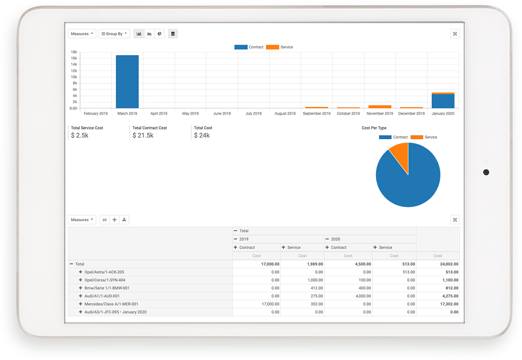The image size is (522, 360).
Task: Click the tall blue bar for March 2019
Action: (x=127, y=82)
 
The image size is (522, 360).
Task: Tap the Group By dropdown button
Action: (x=114, y=34)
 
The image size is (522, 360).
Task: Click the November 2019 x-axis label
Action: (x=380, y=114)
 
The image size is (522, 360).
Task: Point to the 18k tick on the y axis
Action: (x=74, y=52)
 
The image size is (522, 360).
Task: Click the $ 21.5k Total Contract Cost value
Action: (x=143, y=136)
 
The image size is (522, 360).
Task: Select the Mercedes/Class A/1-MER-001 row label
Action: (x=111, y=304)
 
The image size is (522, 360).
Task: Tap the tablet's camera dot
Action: (x=486, y=172)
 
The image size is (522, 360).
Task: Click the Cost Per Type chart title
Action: (x=374, y=128)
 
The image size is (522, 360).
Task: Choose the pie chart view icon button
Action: (x=159, y=34)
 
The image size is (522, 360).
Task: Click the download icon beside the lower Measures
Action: (x=124, y=220)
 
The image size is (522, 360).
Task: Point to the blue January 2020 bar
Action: (x=443, y=101)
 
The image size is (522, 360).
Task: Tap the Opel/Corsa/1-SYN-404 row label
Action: (x=104, y=280)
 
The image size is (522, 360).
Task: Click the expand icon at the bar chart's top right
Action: (x=455, y=34)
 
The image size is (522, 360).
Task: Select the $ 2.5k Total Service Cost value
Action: (x=80, y=136)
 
